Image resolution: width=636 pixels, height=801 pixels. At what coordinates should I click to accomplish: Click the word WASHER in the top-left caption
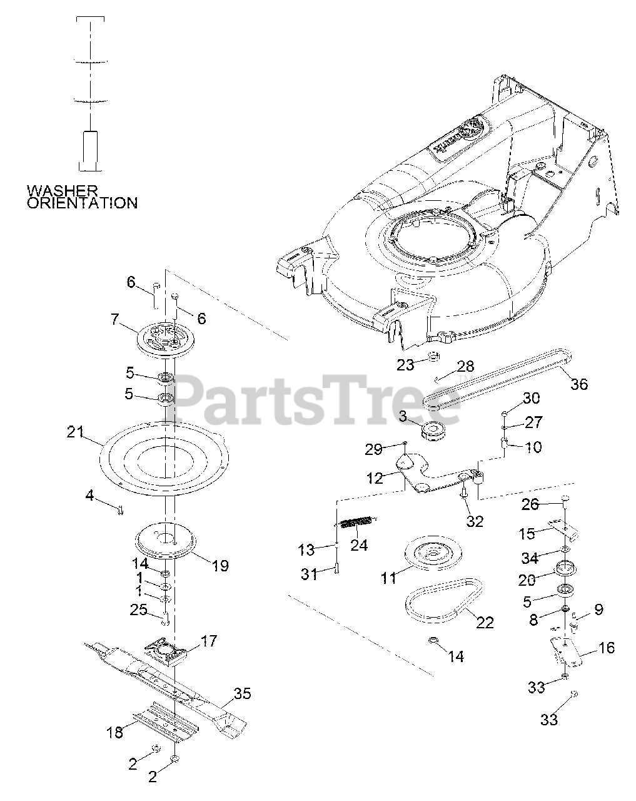62,190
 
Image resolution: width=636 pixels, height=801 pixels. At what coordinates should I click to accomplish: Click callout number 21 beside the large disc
75,431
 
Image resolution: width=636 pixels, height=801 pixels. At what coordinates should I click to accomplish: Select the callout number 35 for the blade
243,693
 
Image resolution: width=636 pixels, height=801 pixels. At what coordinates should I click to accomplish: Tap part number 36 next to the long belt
579,384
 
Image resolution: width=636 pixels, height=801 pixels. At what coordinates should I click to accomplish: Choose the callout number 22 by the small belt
485,622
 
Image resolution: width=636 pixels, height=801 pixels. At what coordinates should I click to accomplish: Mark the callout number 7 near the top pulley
114,320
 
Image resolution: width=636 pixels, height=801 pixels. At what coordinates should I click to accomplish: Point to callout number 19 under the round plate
220,566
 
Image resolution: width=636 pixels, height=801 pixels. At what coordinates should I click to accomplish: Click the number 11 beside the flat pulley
389,578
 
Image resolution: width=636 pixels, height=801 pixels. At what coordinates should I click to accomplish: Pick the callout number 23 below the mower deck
405,365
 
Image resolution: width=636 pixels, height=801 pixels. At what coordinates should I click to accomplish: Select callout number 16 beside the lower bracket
606,648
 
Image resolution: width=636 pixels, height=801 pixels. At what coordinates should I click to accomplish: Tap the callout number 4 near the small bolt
89,496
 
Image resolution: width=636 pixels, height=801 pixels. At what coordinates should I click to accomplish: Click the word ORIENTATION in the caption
82,203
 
